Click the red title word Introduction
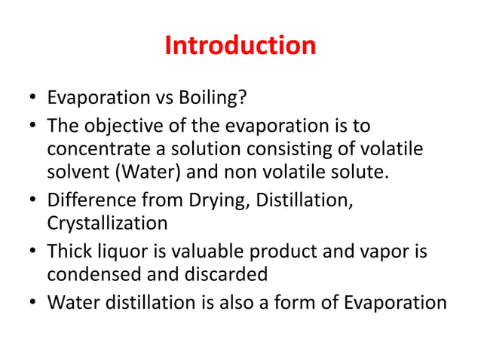coord(240,46)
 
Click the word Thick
coord(69,252)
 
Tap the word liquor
coord(119,252)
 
